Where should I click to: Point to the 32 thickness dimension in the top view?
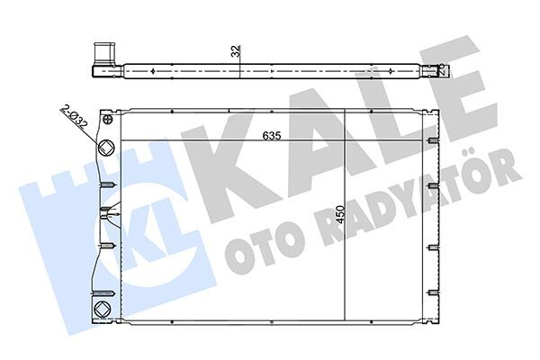tap(235, 52)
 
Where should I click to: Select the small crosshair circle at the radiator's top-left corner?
tap(108, 118)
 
